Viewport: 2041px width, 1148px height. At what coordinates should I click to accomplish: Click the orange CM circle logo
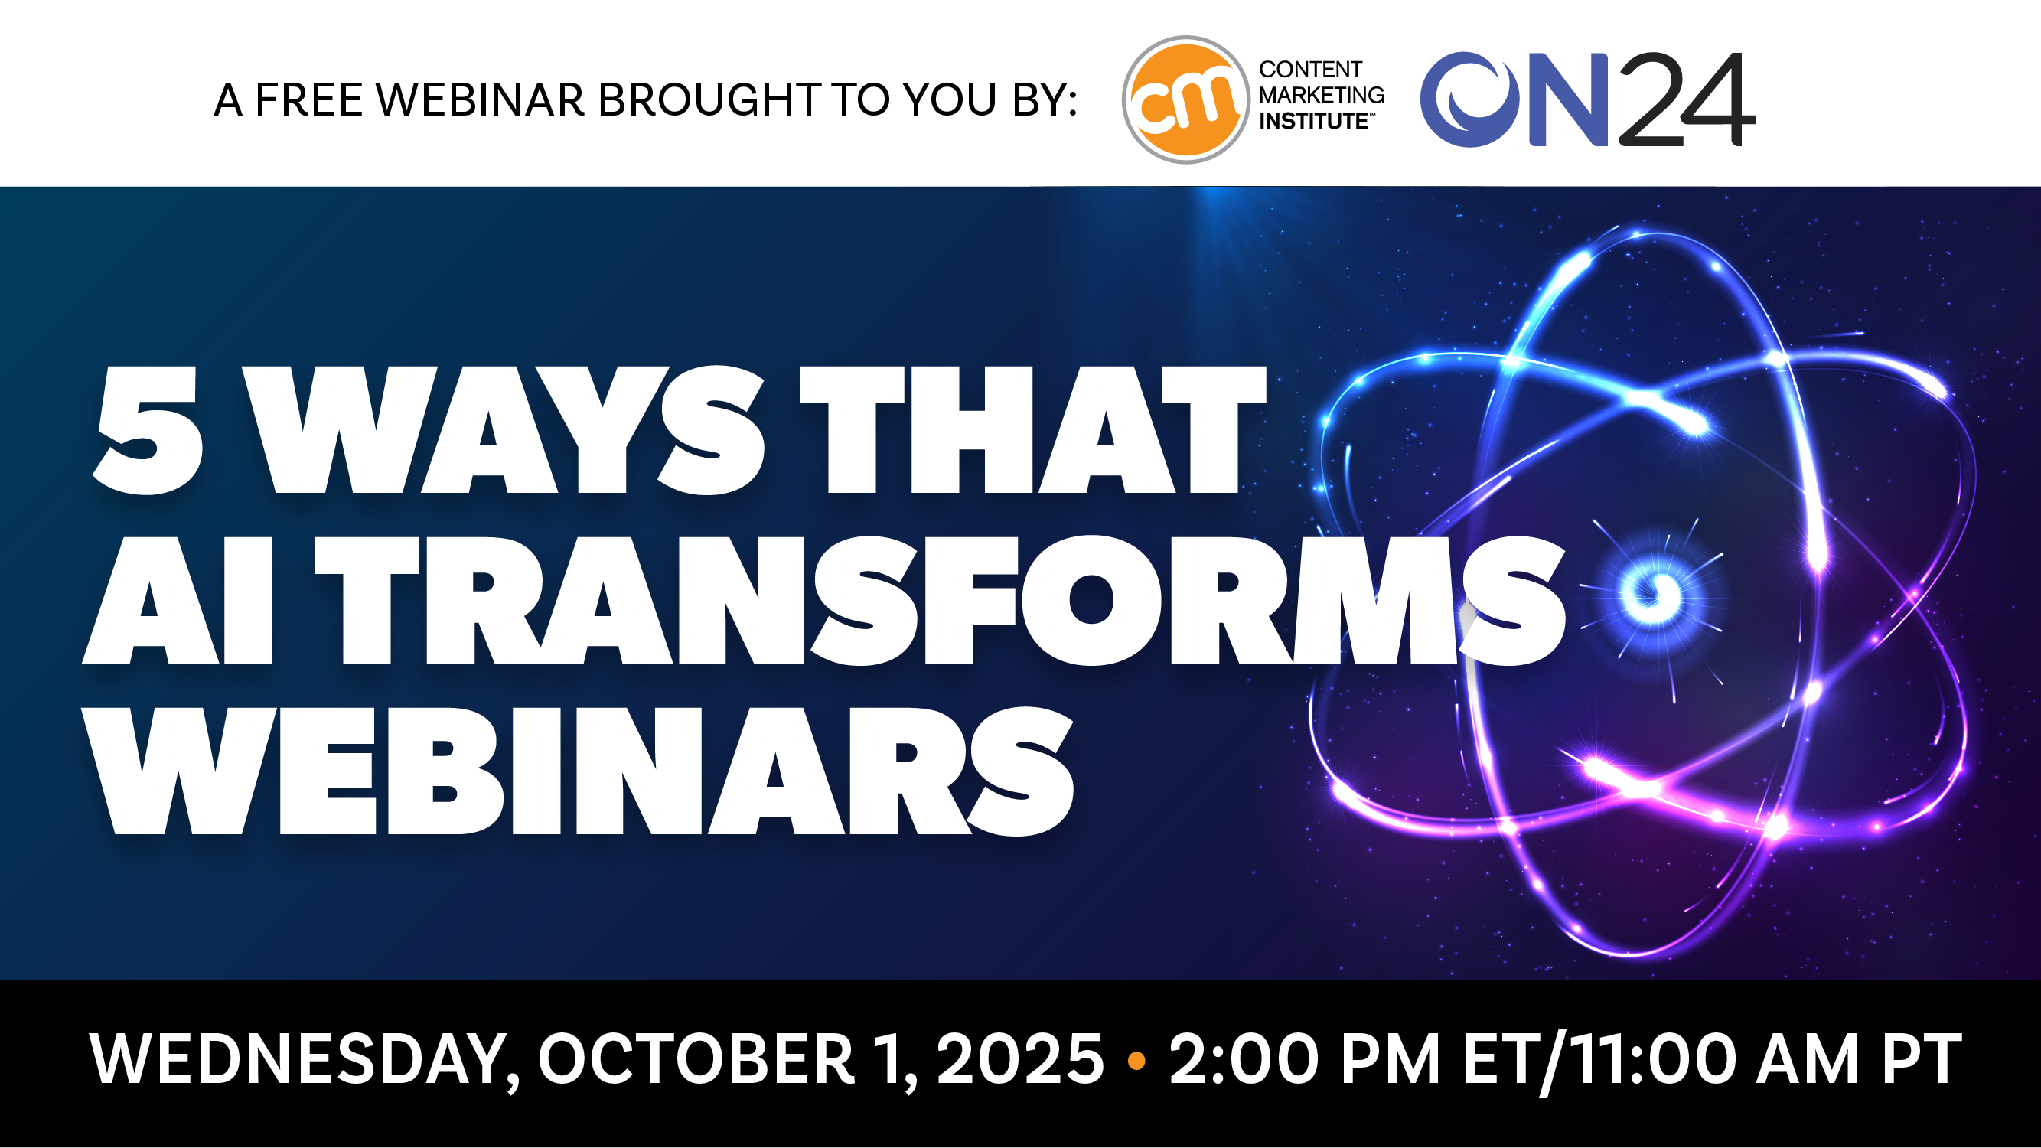tap(1185, 99)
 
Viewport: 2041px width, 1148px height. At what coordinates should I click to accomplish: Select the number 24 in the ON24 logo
tap(1686, 99)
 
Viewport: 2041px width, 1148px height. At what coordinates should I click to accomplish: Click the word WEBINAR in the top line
tap(479, 99)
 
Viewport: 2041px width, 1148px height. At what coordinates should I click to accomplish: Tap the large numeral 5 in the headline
tap(148, 430)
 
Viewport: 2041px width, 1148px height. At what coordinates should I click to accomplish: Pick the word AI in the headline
tap(178, 601)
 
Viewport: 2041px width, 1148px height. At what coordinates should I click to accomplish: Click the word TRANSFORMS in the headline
tap(941, 601)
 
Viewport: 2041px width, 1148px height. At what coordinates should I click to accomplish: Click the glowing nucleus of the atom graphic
tap(1651, 593)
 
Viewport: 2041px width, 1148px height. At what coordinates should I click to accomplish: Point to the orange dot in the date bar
tap(1136, 1060)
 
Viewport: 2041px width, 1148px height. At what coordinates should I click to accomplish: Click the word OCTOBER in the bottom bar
tap(696, 1059)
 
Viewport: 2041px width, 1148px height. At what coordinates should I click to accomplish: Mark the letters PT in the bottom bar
tap(1921, 1059)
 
